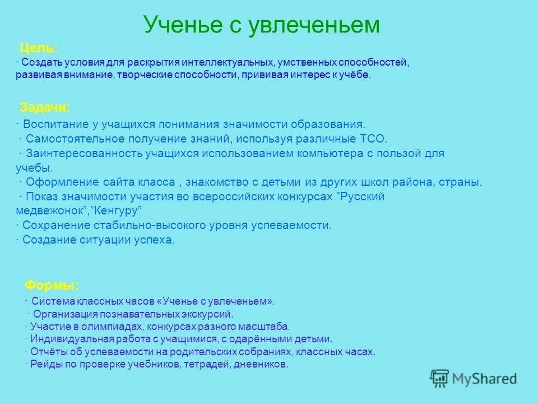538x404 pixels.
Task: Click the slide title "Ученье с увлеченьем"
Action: click(262, 25)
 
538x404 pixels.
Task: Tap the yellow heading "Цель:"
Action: click(39, 48)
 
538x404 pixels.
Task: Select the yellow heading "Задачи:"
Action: click(45, 107)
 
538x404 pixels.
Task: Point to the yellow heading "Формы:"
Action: click(52, 285)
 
